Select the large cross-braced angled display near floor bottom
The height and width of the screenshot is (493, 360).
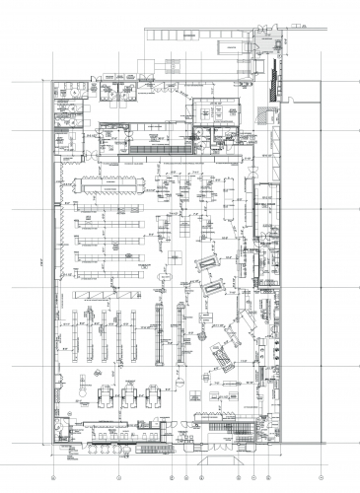[223, 359]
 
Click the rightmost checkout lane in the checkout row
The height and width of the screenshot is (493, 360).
[155, 395]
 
